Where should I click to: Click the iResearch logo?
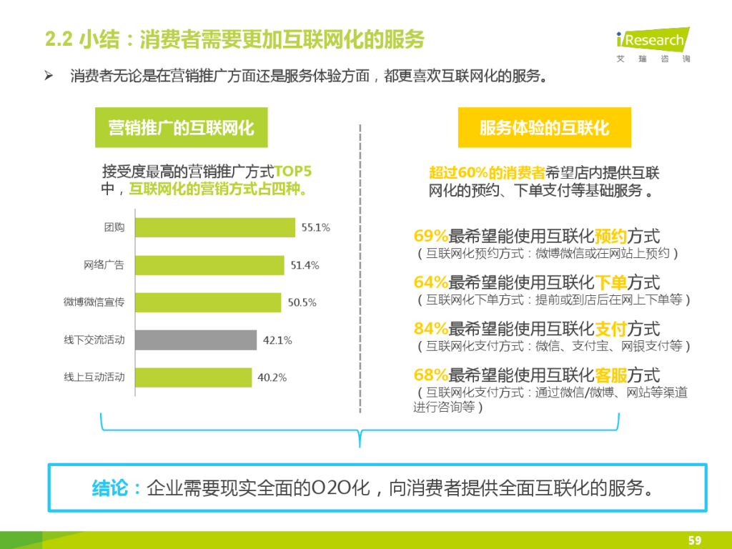click(652, 44)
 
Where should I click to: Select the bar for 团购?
click(214, 227)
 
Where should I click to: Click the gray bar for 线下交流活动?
click(195, 340)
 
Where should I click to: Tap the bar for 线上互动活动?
click(193, 377)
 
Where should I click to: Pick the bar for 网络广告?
click(209, 265)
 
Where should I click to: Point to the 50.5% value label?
click(302, 302)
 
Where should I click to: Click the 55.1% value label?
click(315, 227)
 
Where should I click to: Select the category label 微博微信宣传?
click(94, 302)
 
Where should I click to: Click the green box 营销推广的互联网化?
click(181, 128)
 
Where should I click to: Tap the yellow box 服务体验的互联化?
click(544, 128)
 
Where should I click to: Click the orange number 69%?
click(430, 236)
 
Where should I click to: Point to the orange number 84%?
click(430, 329)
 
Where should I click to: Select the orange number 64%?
click(430, 282)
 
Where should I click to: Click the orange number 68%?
click(430, 375)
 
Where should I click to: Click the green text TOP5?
click(293, 172)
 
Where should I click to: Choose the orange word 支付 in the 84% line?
click(610, 329)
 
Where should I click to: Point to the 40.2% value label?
click(272, 377)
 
